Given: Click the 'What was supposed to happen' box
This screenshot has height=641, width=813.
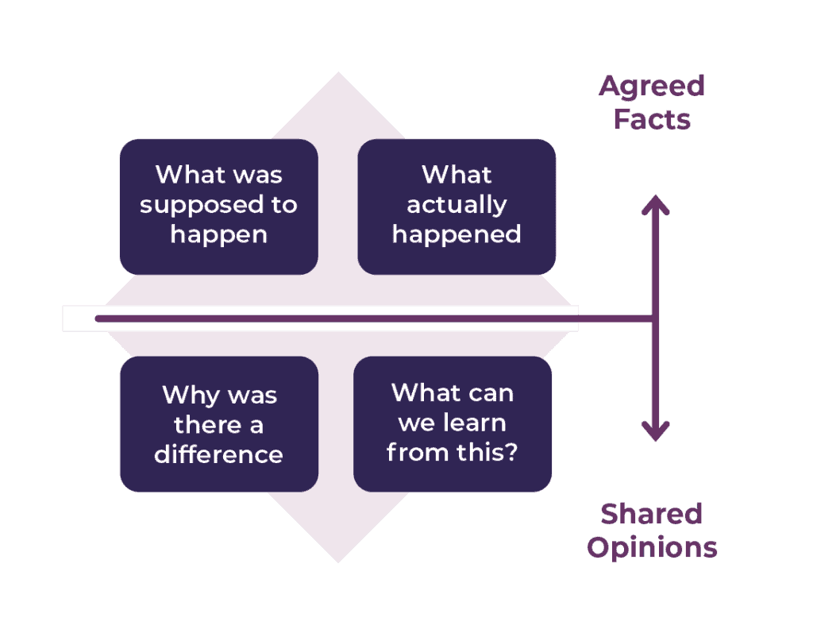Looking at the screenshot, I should point(218,207).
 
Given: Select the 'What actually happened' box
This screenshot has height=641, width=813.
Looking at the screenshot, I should point(457,207).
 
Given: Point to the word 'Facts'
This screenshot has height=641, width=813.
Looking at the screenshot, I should point(652,120).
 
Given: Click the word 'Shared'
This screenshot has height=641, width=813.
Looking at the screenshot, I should point(652,514).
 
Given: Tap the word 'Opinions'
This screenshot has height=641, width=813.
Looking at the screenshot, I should point(652,547).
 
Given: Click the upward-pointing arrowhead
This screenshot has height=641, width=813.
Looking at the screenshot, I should point(655,205).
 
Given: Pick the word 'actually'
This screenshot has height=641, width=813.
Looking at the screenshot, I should point(457,206).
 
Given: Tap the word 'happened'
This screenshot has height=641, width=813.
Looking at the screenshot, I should point(457,234).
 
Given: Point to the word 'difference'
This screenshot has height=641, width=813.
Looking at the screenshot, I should point(218,454).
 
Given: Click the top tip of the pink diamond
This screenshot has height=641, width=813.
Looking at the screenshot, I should point(338,75).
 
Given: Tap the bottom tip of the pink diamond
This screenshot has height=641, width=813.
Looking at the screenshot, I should point(338,560).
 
